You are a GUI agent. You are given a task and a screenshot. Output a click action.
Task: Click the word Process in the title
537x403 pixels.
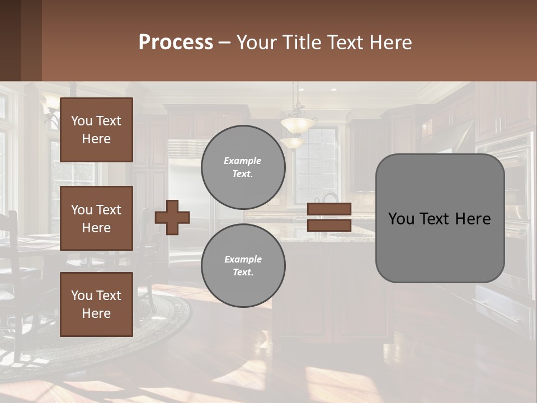pos(176,43)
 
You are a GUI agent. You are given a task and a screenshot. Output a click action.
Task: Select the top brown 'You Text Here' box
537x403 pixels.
pos(96,130)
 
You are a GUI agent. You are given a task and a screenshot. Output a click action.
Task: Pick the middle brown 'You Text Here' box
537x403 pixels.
pos(96,218)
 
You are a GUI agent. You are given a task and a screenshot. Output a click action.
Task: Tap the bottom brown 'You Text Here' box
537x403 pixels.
pos(96,304)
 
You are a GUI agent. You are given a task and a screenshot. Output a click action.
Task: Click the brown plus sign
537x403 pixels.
pos(172,217)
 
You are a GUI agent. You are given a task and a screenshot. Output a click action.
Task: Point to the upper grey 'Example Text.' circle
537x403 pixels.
pos(243,167)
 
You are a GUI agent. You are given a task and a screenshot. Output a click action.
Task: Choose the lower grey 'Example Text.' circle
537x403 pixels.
pos(243,266)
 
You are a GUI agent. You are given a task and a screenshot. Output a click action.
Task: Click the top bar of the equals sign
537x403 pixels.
pos(329,209)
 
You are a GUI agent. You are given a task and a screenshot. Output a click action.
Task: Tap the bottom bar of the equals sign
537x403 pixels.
pos(329,225)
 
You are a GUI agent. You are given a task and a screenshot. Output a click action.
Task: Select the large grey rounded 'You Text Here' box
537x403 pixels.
pos(440,218)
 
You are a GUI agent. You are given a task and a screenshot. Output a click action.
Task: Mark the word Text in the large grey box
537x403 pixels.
pos(439,218)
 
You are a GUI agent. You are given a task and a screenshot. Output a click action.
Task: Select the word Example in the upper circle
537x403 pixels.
pos(242,161)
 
